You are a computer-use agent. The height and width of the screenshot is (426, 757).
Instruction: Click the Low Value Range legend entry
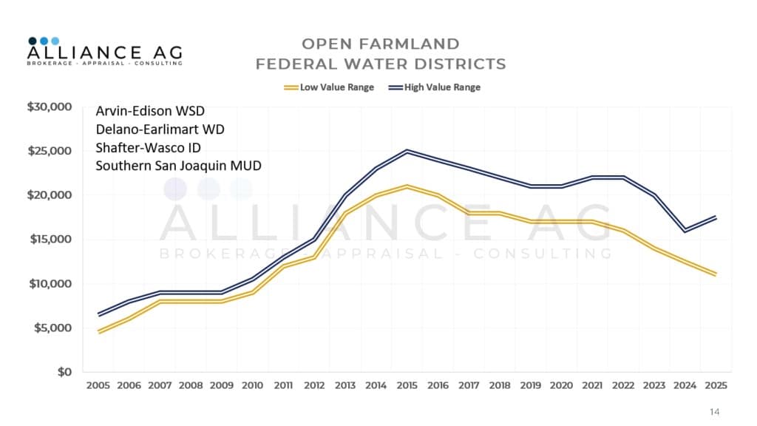(329, 87)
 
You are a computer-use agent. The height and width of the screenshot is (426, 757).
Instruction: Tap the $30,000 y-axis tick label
(50, 107)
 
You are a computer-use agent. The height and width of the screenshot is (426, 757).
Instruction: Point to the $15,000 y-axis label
(50, 240)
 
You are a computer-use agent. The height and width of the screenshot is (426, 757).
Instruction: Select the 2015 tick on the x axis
(406, 386)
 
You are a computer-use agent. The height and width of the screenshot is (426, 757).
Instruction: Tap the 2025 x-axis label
(714, 386)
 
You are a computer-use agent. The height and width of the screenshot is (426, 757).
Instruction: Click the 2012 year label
(313, 386)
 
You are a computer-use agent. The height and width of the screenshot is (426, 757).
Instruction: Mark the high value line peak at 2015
(406, 151)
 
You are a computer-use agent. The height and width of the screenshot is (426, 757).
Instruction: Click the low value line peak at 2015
(406, 186)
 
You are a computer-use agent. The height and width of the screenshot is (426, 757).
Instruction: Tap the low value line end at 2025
(714, 274)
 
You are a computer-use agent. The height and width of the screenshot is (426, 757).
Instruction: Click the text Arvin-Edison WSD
(150, 112)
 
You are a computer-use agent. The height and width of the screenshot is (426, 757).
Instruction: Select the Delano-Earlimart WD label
(160, 129)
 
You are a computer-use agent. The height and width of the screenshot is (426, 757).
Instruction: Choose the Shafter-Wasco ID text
(148, 147)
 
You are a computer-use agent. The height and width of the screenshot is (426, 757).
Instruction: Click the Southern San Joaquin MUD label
(178, 165)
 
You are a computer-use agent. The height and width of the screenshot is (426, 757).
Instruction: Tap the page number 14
(713, 412)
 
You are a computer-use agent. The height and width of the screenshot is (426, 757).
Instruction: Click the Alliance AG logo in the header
(104, 52)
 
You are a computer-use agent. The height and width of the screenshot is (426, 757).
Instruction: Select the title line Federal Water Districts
(381, 64)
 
